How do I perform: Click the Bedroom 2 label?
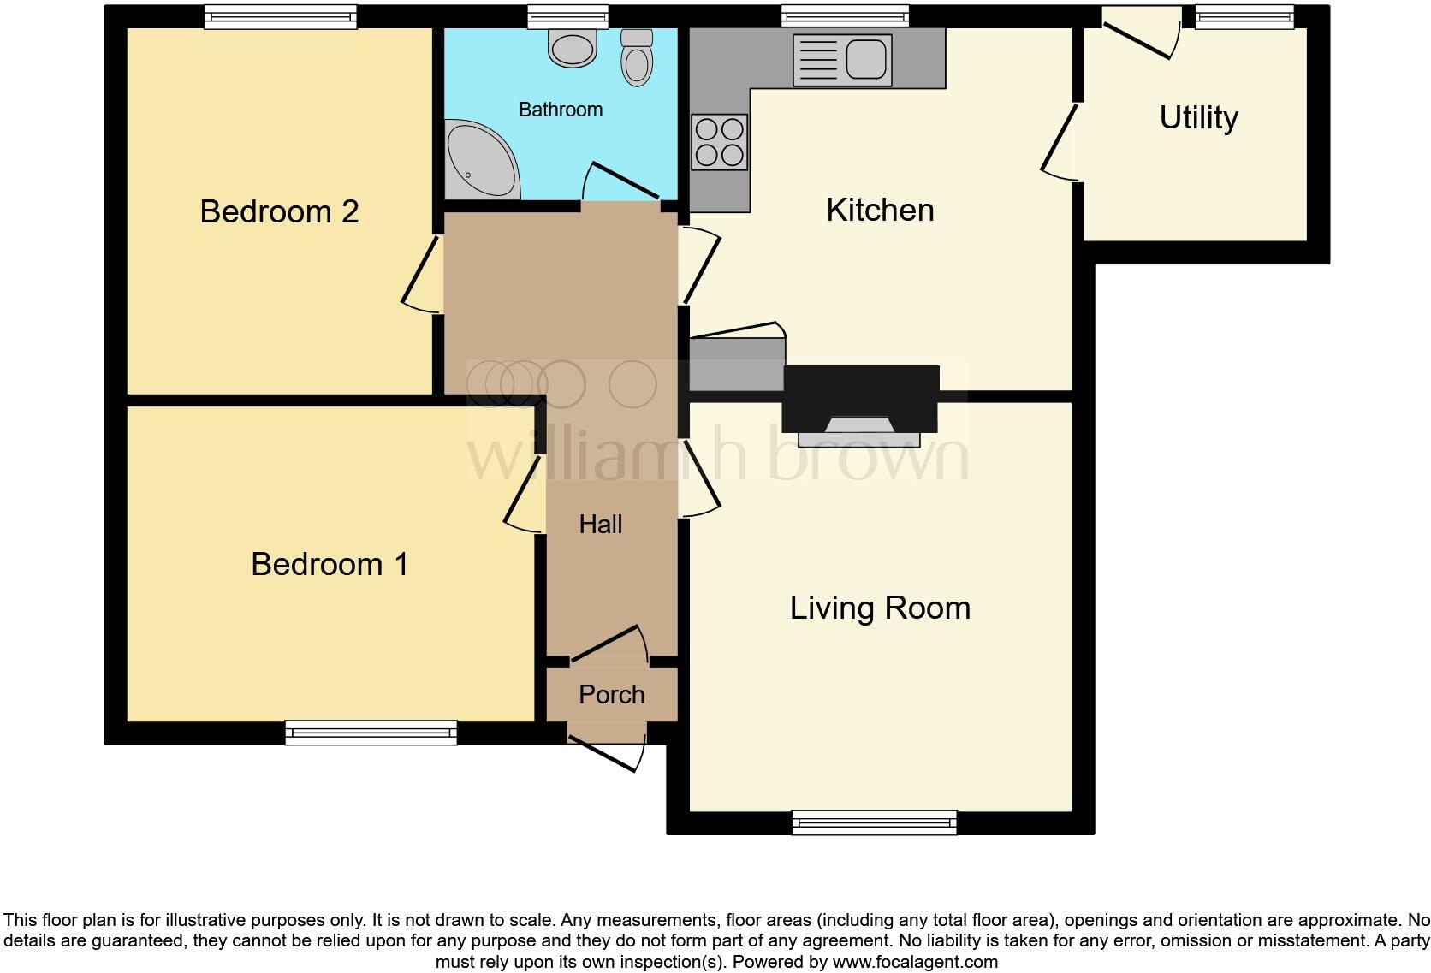pos(279,211)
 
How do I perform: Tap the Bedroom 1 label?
pos(330,564)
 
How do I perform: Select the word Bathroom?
pos(561,110)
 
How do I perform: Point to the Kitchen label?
pos(880,211)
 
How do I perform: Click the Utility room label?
pos(1198,118)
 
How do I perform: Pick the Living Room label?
pos(880,608)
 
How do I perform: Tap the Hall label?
pos(600,525)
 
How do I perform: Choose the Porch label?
pos(611,695)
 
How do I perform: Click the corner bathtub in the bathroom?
pos(480,158)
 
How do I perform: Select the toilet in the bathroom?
pos(636,57)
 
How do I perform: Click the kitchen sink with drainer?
pos(842,60)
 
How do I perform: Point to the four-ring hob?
pos(719,142)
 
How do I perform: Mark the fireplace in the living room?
pos(860,406)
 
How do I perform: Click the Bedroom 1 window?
pos(371,733)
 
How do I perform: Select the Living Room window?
pos(875,823)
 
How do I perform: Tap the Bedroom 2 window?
pos(281,17)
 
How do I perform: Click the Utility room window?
pos(1244,17)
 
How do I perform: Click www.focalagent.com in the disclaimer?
pos(915,962)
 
